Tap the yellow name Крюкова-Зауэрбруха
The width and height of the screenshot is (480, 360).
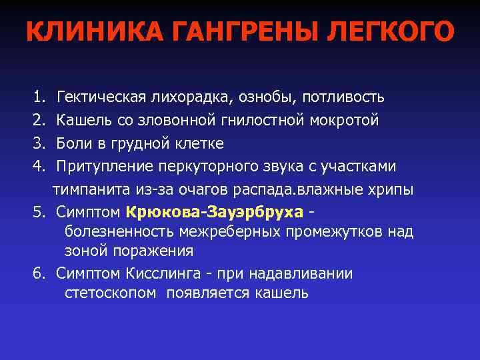[x=214, y=212]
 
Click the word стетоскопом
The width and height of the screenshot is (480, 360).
[x=111, y=293]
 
